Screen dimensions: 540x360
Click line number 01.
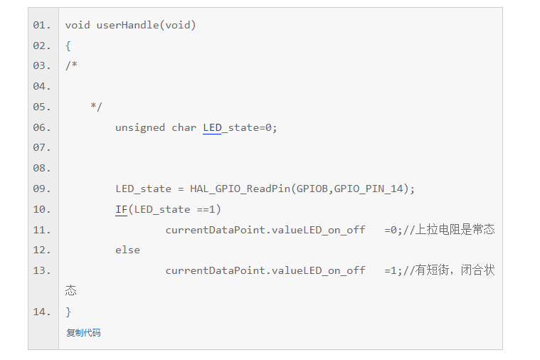(x=42, y=26)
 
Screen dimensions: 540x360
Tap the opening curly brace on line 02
(x=68, y=46)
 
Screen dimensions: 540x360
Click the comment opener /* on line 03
(x=71, y=66)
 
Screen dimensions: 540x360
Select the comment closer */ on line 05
(x=96, y=107)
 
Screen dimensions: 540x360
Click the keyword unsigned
(x=140, y=128)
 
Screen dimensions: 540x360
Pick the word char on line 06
(x=184, y=128)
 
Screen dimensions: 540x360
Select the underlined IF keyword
(x=121, y=210)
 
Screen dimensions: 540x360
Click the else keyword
(x=127, y=250)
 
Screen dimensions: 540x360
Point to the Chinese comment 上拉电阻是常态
(x=455, y=230)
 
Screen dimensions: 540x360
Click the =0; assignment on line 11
(x=393, y=230)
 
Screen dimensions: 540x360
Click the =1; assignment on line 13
(x=393, y=271)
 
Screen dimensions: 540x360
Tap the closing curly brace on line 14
(x=68, y=312)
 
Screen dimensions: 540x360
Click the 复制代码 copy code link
(x=83, y=333)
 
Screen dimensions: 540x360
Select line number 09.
(x=42, y=189)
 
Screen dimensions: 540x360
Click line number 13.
(x=42, y=271)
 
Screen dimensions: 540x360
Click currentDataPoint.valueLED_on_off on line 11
(x=265, y=230)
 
